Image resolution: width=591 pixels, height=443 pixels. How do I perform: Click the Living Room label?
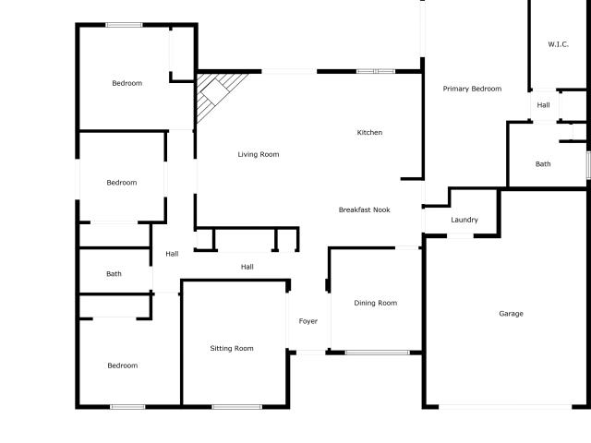click(259, 154)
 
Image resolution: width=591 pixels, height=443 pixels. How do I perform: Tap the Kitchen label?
click(369, 132)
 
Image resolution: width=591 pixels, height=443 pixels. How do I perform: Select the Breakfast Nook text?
click(365, 210)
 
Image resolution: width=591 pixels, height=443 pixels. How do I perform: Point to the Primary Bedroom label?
click(472, 89)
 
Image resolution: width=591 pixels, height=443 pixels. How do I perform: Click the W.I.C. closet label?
click(558, 44)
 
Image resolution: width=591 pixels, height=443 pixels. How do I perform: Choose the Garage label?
click(511, 314)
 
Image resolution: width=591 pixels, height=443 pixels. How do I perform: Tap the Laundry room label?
click(464, 220)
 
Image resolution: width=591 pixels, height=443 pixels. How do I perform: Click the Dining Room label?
click(376, 303)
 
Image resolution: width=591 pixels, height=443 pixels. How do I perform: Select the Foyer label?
click(308, 321)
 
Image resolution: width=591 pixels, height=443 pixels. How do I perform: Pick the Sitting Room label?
click(232, 349)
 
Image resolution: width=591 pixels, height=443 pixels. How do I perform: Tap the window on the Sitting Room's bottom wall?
click(237, 407)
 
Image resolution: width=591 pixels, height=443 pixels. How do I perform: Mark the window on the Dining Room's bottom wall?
click(378, 353)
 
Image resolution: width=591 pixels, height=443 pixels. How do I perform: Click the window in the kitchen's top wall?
click(376, 71)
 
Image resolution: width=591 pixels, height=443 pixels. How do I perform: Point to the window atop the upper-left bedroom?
click(124, 25)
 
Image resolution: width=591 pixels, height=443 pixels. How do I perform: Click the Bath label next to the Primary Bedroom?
click(543, 164)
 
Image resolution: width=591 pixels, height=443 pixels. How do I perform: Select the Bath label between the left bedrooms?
click(114, 274)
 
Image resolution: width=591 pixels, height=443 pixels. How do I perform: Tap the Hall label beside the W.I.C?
click(543, 105)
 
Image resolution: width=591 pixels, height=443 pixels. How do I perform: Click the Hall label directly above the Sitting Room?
click(247, 267)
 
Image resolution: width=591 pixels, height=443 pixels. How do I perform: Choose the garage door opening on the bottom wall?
click(505, 407)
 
